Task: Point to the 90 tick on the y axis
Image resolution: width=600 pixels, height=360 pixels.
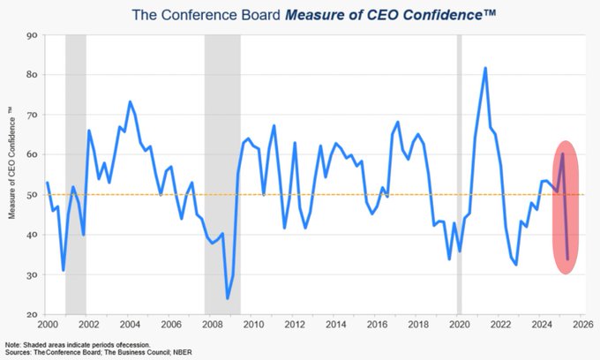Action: point(32,35)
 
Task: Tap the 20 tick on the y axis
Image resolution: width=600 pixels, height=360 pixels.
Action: point(32,315)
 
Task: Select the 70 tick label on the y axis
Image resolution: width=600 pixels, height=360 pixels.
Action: point(32,115)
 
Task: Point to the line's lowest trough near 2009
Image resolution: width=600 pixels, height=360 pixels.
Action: point(228,298)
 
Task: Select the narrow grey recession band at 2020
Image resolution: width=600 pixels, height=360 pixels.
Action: point(459,176)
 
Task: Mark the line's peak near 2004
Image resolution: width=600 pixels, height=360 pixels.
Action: point(130,102)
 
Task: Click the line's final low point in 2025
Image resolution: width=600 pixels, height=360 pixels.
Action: point(567,259)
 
